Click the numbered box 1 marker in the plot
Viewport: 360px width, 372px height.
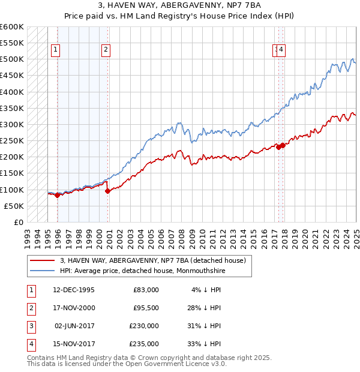(x=55, y=50)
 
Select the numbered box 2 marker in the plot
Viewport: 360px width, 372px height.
(x=106, y=50)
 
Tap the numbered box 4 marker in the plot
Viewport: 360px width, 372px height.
(x=281, y=50)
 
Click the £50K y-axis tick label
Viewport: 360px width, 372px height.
(x=14, y=206)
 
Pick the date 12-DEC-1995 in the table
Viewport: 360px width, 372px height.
(x=73, y=290)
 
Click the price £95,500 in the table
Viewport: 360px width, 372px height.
(x=145, y=308)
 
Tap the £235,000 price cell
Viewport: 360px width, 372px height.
(x=145, y=344)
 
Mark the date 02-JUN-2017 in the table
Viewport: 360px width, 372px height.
(x=73, y=326)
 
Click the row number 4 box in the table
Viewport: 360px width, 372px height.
(x=29, y=344)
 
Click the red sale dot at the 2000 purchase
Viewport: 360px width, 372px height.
(x=107, y=191)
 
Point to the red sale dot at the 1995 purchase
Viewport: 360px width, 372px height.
(x=57, y=195)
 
